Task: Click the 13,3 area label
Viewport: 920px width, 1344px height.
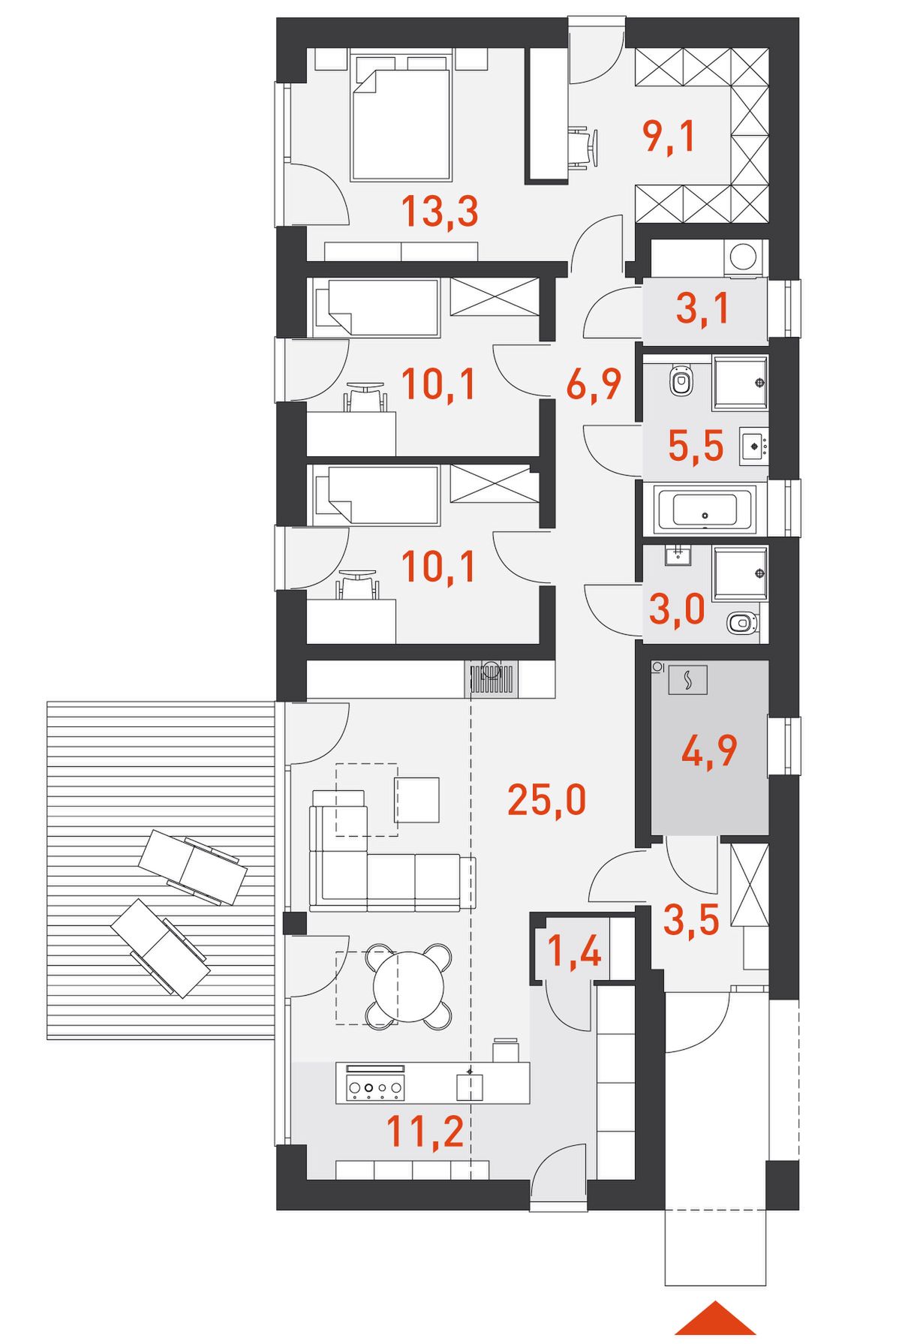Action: coord(440,211)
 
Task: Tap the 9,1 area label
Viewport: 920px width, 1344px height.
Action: coord(669,137)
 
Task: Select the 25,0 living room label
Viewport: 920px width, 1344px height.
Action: coord(546,799)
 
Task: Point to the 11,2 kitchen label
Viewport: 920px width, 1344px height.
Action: coord(425,1131)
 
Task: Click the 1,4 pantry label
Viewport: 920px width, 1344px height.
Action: coord(574,952)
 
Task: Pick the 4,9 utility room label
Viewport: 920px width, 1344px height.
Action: coord(709,750)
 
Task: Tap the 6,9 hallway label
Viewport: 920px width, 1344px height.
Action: coord(594,384)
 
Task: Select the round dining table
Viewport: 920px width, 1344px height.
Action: coord(409,986)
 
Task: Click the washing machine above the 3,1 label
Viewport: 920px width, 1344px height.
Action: coord(743,257)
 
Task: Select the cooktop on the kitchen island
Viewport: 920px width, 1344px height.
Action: coord(375,1087)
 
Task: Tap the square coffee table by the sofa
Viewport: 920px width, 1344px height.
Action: coord(416,800)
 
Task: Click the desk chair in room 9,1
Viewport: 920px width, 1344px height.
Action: coord(583,148)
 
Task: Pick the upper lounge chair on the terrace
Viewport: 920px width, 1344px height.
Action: coord(193,867)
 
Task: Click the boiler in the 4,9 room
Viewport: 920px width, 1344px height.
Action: coord(687,680)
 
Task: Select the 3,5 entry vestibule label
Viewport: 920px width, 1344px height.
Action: coord(691,920)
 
